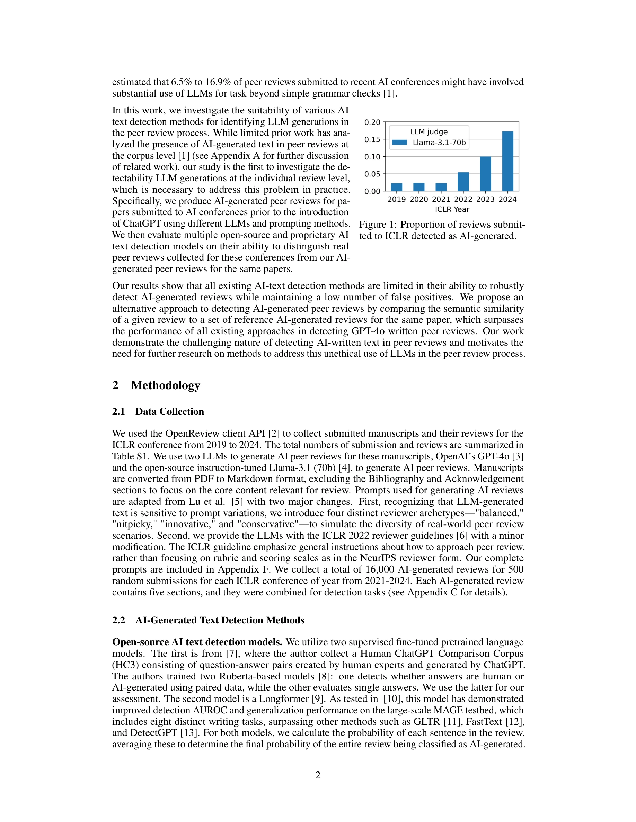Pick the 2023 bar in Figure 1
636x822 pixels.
click(x=485, y=174)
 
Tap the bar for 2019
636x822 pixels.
click(x=396, y=187)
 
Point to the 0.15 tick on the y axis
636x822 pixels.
click(x=372, y=140)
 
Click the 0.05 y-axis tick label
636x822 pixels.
click(x=372, y=174)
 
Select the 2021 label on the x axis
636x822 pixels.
click(x=441, y=200)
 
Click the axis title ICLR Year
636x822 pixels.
click(x=452, y=210)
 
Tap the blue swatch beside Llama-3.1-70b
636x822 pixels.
click(x=399, y=143)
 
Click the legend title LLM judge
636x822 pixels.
click(x=429, y=132)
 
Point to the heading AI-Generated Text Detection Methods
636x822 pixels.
click(x=220, y=620)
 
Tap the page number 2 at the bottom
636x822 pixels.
click(x=318, y=775)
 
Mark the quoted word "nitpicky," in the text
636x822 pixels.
click(x=131, y=524)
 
